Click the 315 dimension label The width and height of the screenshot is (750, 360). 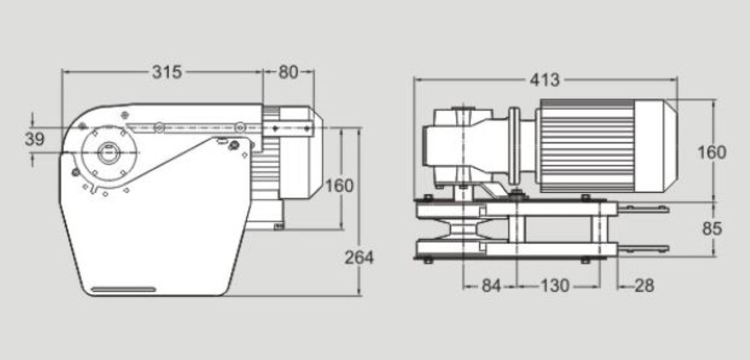pyautogui.click(x=167, y=72)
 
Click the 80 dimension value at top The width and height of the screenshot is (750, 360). pyautogui.click(x=289, y=72)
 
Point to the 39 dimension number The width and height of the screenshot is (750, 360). pyautogui.click(x=35, y=140)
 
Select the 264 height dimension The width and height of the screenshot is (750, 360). pyautogui.click(x=359, y=257)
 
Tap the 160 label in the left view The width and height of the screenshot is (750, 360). pyautogui.click(x=339, y=185)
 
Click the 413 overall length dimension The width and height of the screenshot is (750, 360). pyautogui.click(x=544, y=80)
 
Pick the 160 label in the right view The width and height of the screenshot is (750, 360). pyautogui.click(x=712, y=152)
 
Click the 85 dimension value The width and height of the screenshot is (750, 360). pyautogui.click(x=712, y=228)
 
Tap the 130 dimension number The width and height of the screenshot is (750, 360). pyautogui.click(x=555, y=286)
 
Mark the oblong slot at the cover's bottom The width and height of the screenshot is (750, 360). pyautogui.click(x=124, y=289)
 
